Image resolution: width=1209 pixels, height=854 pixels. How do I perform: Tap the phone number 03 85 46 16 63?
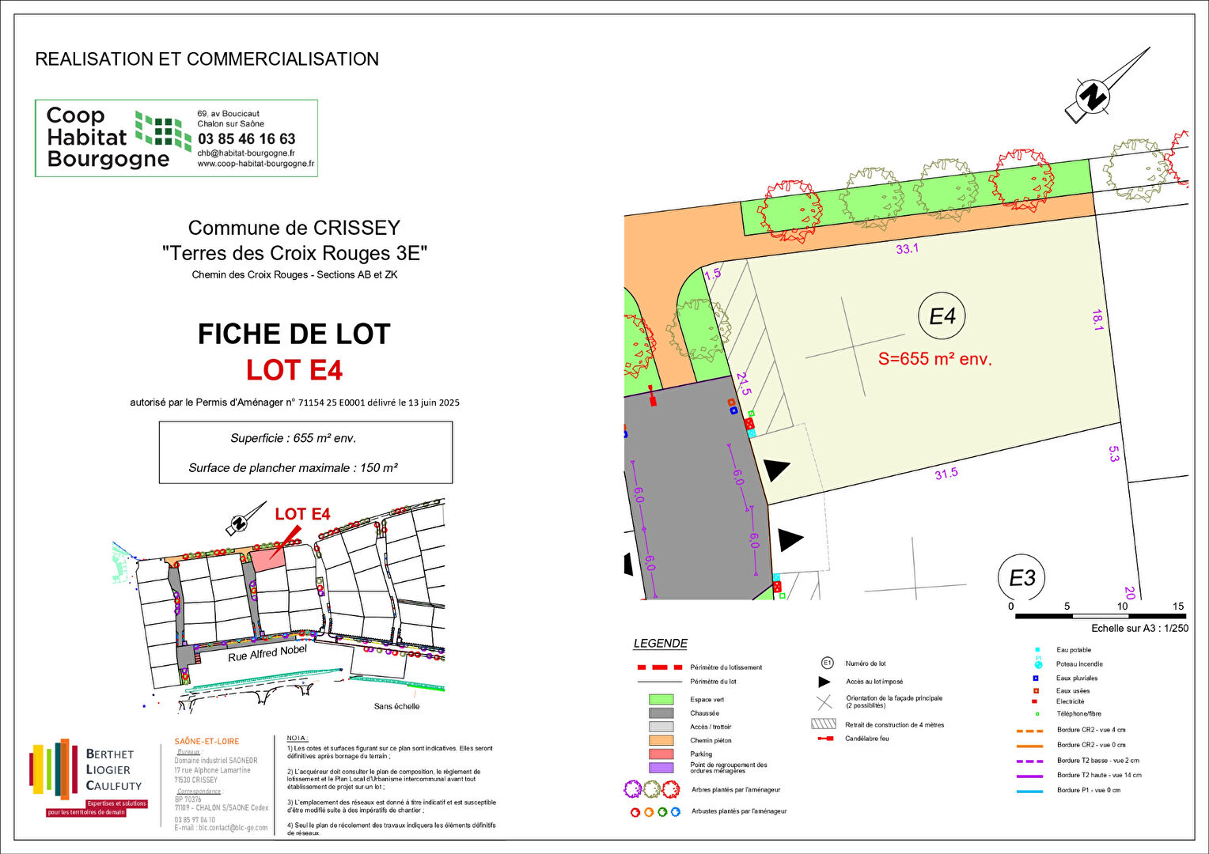(246, 138)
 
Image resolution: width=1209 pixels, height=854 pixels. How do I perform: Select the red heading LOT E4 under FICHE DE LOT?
(294, 370)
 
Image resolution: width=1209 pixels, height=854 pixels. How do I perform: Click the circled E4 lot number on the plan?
(942, 316)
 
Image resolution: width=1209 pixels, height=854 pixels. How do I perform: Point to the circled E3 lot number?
(1021, 578)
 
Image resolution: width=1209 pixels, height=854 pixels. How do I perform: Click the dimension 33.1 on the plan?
(907, 248)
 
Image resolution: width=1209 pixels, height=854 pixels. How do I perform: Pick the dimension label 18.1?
(1097, 320)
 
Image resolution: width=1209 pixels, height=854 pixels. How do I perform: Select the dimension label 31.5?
(946, 474)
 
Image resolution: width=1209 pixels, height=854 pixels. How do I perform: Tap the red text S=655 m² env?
(934, 359)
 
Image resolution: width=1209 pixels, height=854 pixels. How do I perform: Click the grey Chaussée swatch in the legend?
(661, 713)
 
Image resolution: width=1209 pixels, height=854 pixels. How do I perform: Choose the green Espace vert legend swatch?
(661, 699)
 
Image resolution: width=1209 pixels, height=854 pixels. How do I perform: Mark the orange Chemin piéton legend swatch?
(661, 741)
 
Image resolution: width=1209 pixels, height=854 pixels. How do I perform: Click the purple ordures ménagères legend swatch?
(661, 767)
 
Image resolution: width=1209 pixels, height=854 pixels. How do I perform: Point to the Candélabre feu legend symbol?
(824, 739)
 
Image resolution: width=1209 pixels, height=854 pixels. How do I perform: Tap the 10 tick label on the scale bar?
(1122, 606)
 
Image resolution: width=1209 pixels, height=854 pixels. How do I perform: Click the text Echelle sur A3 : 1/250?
(1139, 629)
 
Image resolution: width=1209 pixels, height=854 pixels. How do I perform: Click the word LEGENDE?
(660, 644)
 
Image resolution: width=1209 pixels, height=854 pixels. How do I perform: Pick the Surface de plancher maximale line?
(293, 468)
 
